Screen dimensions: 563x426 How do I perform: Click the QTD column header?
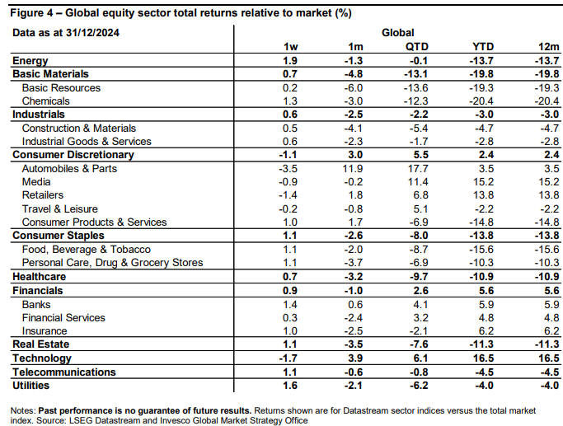tap(417, 47)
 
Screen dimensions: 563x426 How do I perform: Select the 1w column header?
tap(290, 47)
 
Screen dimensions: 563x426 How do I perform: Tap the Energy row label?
tap(30, 61)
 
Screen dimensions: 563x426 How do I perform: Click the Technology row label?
tap(42, 358)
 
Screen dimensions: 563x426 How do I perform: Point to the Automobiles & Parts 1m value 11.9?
tap(352, 169)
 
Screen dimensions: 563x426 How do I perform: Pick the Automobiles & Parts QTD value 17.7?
tap(417, 169)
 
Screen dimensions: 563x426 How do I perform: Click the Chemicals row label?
tap(45, 101)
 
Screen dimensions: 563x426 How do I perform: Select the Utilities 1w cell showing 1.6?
tap(290, 386)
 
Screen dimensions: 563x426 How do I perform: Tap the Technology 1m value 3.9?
tap(355, 358)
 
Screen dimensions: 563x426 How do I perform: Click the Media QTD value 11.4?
tap(417, 182)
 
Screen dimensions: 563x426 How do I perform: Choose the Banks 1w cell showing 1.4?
tap(290, 305)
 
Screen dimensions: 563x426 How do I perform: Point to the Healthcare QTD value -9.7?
tap(419, 277)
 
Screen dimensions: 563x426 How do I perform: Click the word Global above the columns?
tap(398, 33)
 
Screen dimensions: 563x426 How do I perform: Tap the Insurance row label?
tap(45, 331)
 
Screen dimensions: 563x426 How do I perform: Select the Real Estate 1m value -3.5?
tap(354, 344)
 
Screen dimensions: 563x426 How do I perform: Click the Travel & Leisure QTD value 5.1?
tap(421, 208)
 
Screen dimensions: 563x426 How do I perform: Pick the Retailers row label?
tap(42, 195)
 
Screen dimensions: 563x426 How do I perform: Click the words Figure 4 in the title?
tap(31, 13)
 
